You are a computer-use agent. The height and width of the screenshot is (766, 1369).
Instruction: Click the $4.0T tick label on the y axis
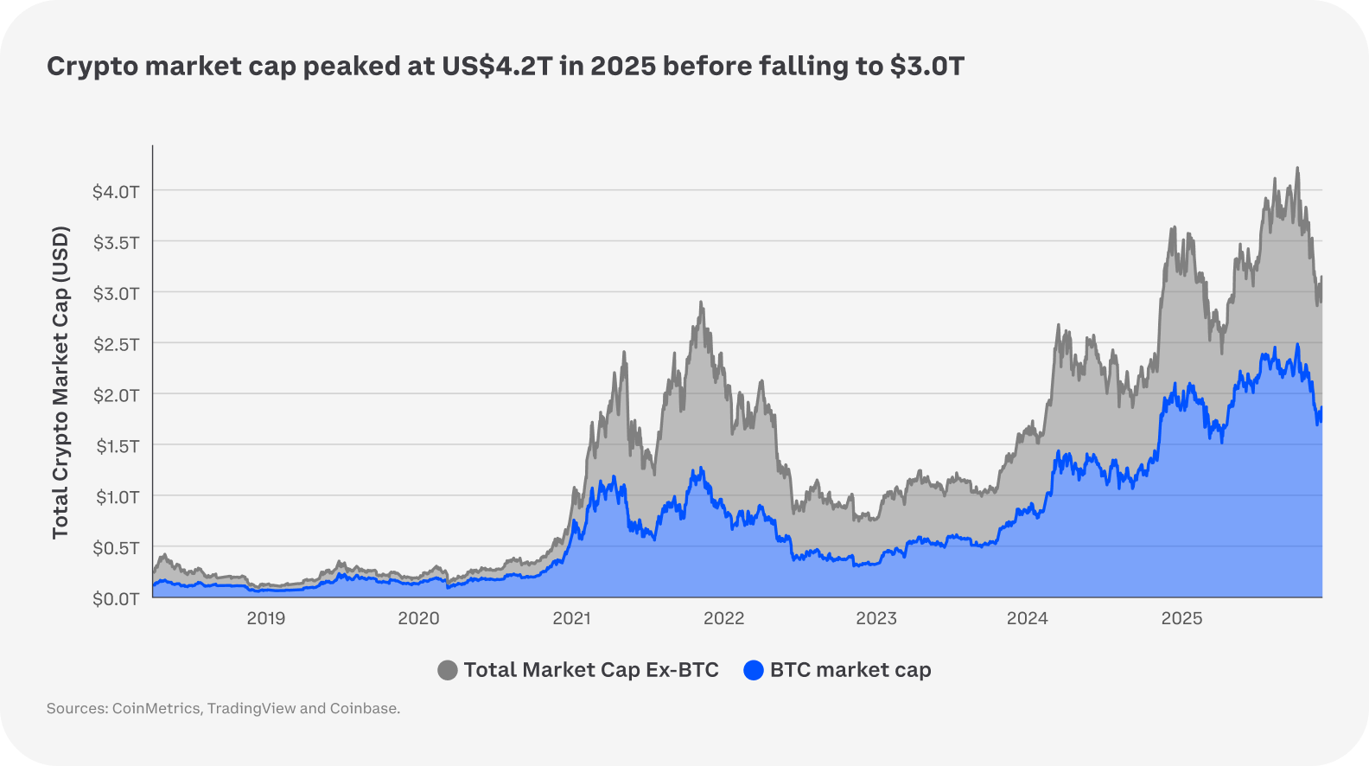coord(116,191)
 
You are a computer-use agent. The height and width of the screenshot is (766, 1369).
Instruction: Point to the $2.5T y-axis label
coord(116,344)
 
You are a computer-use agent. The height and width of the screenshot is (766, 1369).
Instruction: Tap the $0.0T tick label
coord(116,598)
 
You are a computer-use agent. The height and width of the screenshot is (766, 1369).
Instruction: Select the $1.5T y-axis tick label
coord(116,446)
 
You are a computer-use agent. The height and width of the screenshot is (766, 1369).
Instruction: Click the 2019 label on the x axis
coord(266,618)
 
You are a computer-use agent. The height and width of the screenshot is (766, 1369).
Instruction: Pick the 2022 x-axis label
coord(723,618)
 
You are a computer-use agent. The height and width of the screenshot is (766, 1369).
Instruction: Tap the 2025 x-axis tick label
coord(1181,618)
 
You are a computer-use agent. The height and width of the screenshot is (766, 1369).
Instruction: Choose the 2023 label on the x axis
coord(876,618)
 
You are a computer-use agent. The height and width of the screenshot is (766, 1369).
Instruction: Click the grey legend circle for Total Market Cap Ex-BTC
coord(448,670)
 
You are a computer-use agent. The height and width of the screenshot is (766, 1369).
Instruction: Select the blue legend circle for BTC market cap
coord(754,670)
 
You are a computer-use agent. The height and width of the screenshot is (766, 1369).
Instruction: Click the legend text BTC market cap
coord(850,670)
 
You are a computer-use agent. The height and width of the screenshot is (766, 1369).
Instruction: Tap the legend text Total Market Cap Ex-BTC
coord(591,670)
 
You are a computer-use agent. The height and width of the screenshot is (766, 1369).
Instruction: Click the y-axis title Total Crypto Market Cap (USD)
coord(60,382)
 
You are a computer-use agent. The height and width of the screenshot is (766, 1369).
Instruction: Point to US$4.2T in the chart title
coord(496,67)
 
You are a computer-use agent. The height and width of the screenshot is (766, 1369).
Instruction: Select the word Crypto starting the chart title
coord(92,67)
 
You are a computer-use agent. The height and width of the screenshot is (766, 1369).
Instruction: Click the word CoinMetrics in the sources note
coord(156,709)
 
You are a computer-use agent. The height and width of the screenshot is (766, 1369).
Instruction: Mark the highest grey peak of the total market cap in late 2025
coord(1297,169)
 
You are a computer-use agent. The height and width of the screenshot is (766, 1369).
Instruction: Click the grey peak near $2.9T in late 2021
coord(701,303)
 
